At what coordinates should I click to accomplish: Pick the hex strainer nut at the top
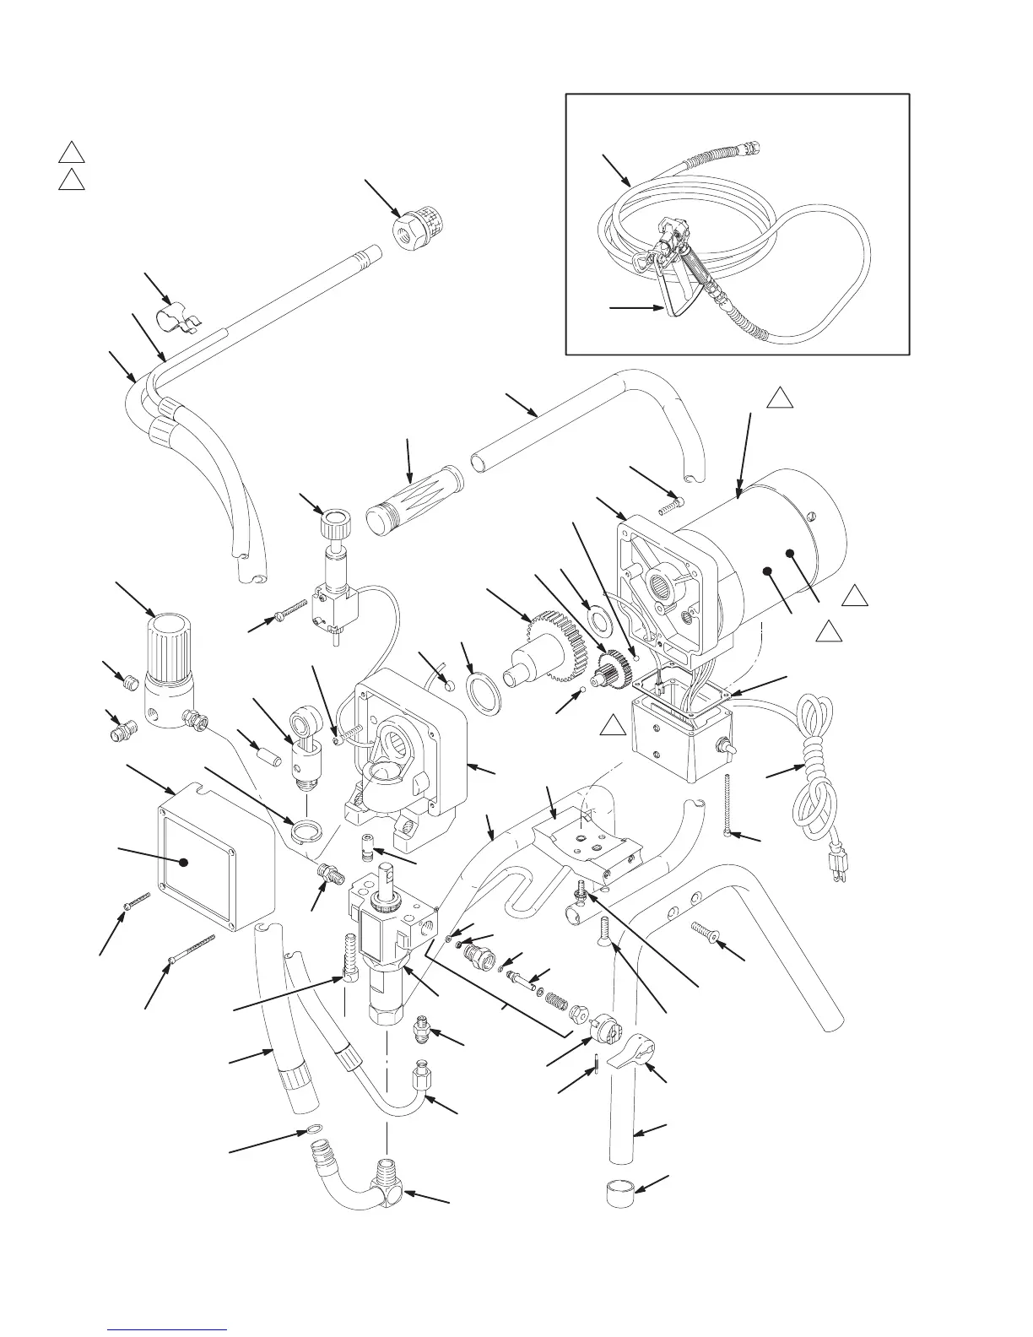point(418,225)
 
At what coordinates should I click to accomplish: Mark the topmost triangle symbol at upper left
point(71,153)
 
